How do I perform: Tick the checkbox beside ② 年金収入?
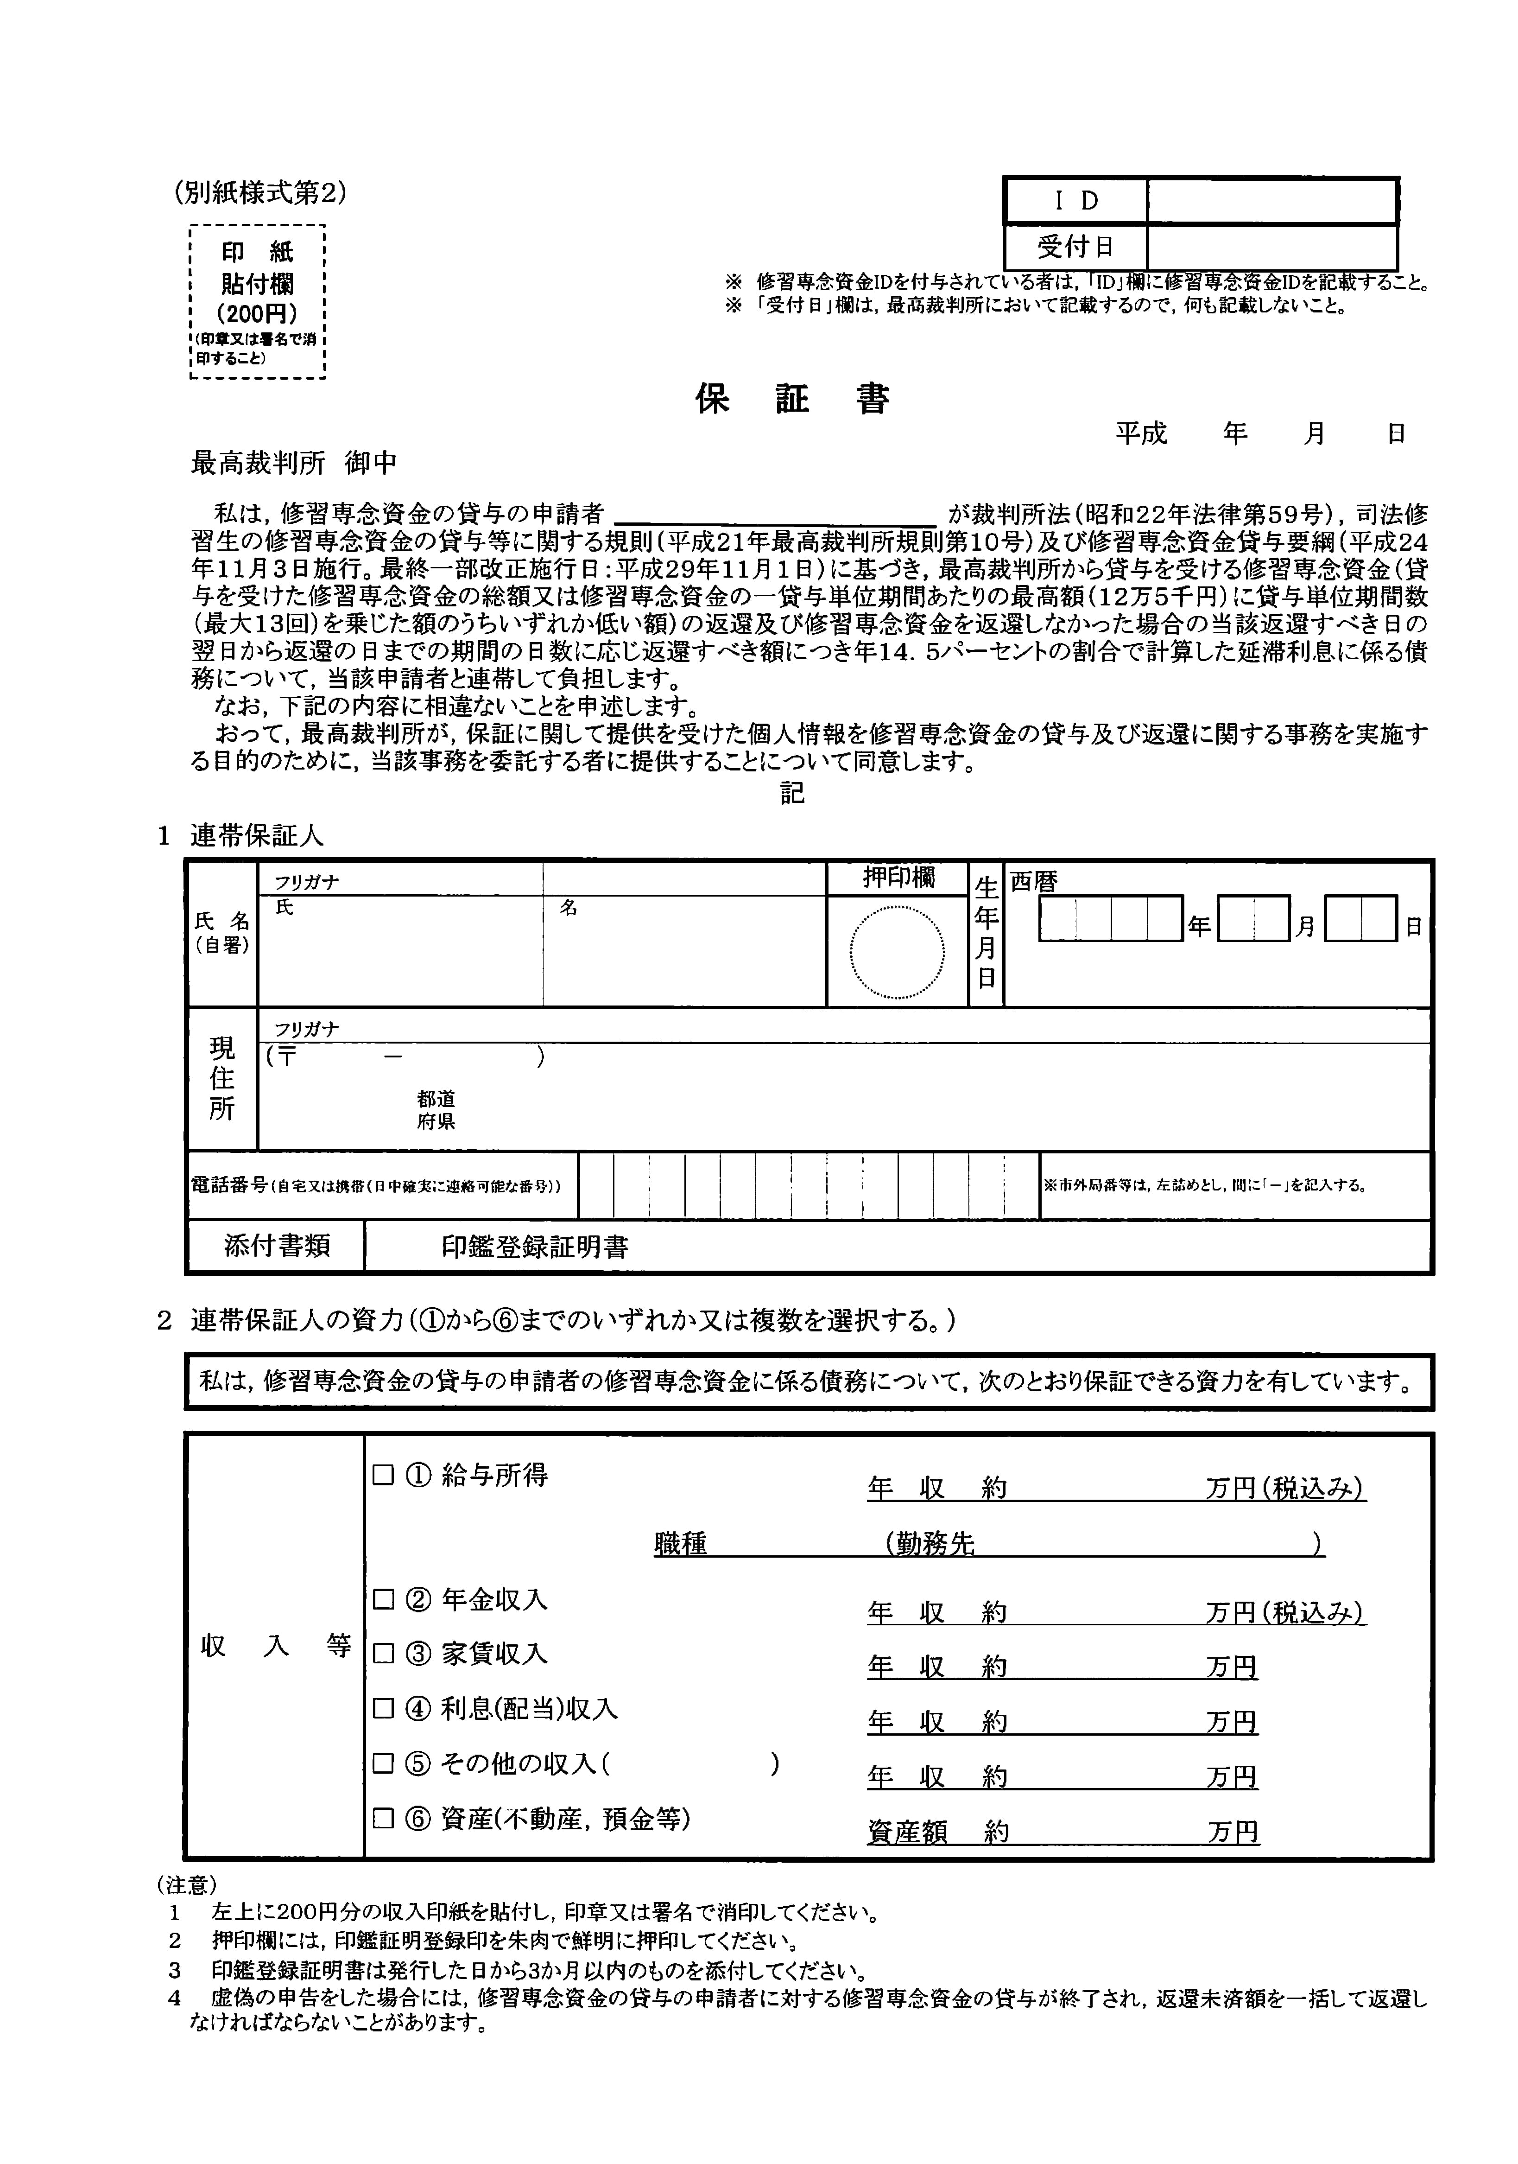pos(383,1599)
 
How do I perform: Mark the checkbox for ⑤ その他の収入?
pos(383,1763)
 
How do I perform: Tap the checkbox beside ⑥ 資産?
pos(383,1818)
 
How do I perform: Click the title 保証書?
pos(792,400)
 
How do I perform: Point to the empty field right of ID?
pos(1271,201)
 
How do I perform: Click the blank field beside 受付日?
pos(1271,247)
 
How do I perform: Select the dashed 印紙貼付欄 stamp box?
pos(257,302)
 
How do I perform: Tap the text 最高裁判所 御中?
pos(294,463)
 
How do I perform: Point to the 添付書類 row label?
pos(276,1246)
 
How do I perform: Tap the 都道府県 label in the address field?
pos(436,1110)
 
